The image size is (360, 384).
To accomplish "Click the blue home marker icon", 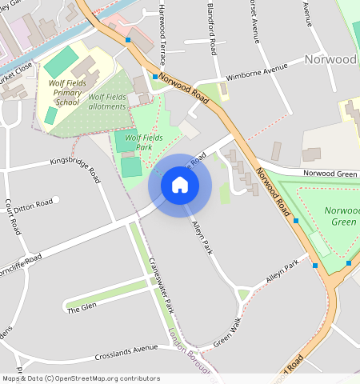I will tap(180, 186).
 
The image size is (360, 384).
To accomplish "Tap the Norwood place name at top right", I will tap(330, 59).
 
